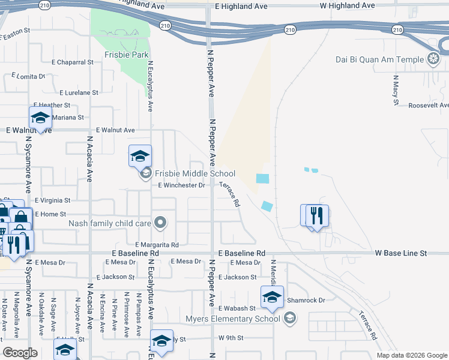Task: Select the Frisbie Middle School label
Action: coord(195,173)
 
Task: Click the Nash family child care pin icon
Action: coord(160,223)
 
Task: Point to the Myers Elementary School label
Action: coord(234,318)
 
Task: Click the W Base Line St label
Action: coord(398,254)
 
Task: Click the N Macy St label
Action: coord(396,89)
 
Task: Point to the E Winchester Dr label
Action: coord(182,185)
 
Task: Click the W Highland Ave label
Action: coord(347,5)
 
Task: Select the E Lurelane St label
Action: coord(79,92)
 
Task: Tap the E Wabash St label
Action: coord(237,308)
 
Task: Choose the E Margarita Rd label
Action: coord(157,245)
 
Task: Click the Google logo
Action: coord(20,353)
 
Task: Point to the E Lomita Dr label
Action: coord(28,76)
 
